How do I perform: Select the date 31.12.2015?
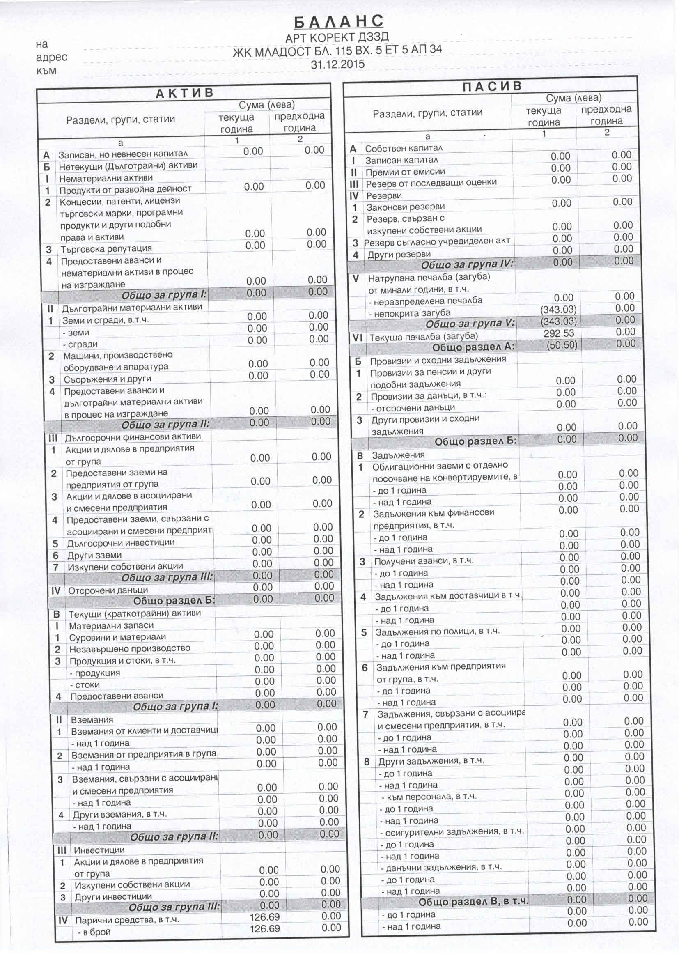[337, 64]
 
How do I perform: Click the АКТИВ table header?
[184, 93]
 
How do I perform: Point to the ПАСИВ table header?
[492, 86]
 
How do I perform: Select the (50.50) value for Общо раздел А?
[562, 345]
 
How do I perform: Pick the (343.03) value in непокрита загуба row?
[558, 310]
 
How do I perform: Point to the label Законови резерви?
[405, 207]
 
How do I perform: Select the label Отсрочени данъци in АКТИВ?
[108, 590]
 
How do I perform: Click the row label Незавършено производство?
[130, 648]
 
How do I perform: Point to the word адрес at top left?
[52, 57]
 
